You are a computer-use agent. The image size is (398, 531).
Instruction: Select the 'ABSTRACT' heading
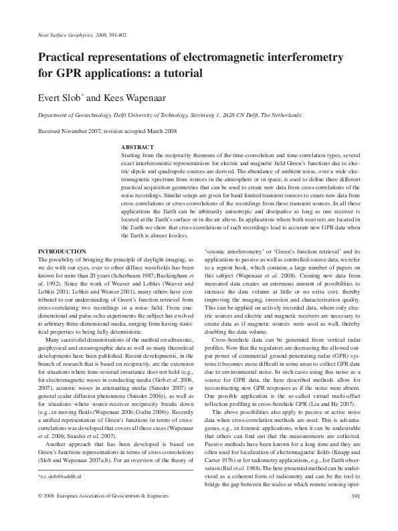pyautogui.click(x=137, y=147)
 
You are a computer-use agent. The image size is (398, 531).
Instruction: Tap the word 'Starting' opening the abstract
pyautogui.click(x=132, y=154)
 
